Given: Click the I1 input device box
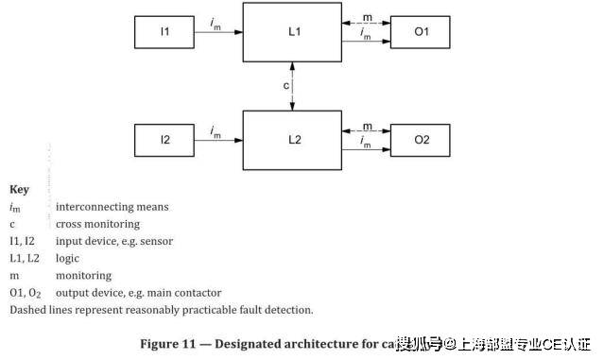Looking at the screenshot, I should click(164, 32).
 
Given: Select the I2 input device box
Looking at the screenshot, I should click(164, 140).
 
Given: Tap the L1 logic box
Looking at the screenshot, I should click(294, 32).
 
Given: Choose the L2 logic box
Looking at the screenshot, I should click(294, 140).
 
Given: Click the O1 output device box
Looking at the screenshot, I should click(422, 32).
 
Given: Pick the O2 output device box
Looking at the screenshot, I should click(422, 140).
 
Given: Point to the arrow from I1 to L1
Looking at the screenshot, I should click(218, 32).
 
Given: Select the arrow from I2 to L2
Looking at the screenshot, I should click(218, 140).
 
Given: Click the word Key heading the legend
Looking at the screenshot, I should click(19, 189).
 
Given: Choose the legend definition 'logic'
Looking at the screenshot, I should click(67, 258).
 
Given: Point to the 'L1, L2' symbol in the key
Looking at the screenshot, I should click(24, 258).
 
